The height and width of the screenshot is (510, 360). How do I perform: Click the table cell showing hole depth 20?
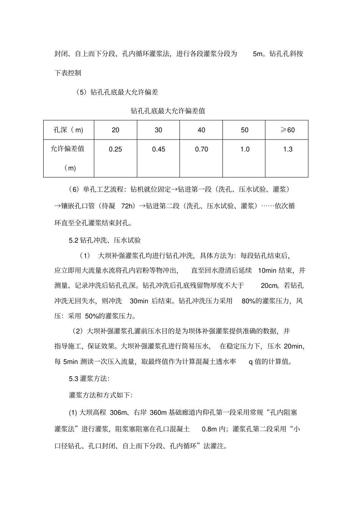pos(116,130)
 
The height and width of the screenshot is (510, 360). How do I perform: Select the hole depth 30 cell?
pos(158,130)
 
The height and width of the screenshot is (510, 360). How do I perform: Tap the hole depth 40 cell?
pos(201,130)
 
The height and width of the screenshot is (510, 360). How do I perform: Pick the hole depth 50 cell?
pos(244,130)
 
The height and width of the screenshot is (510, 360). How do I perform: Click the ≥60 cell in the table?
pos(287,130)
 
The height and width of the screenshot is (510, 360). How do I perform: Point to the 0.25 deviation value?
pos(116,149)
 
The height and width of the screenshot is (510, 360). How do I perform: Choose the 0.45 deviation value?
pos(158,149)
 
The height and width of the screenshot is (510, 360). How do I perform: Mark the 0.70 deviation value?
pos(201,149)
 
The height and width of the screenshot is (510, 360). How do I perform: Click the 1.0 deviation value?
pos(245,149)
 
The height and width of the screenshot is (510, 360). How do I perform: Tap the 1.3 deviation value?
pos(288,149)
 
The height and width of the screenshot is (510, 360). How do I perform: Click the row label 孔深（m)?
pos(69,130)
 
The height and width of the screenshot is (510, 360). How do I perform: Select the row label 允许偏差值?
pos(68,149)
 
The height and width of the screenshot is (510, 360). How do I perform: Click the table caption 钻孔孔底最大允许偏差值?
pos(167,111)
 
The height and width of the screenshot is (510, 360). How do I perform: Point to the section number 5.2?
pos(73,240)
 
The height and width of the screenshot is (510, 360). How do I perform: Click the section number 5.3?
pos(73,378)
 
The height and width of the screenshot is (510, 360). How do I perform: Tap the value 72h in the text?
pos(128,206)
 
